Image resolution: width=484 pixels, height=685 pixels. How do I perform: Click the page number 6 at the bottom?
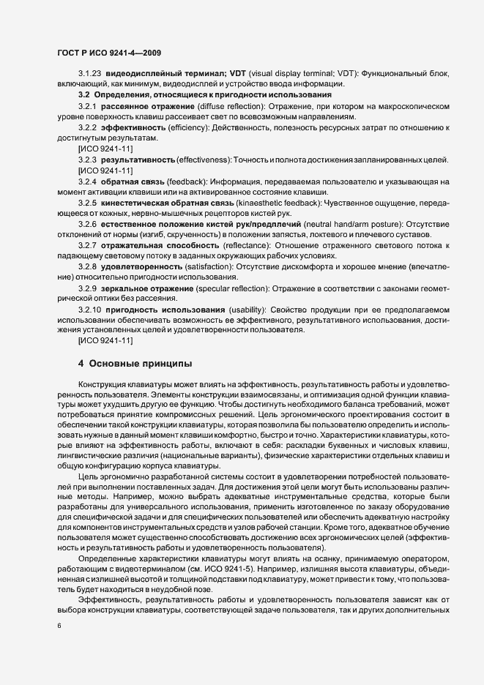click(x=59, y=626)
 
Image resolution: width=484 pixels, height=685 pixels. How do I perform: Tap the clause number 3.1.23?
click(x=89, y=75)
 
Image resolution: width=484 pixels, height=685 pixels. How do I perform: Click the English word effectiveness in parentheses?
click(x=204, y=160)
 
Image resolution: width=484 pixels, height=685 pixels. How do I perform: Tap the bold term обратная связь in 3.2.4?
click(x=131, y=181)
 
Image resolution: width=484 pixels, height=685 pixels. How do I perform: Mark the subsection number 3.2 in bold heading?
click(x=83, y=96)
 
